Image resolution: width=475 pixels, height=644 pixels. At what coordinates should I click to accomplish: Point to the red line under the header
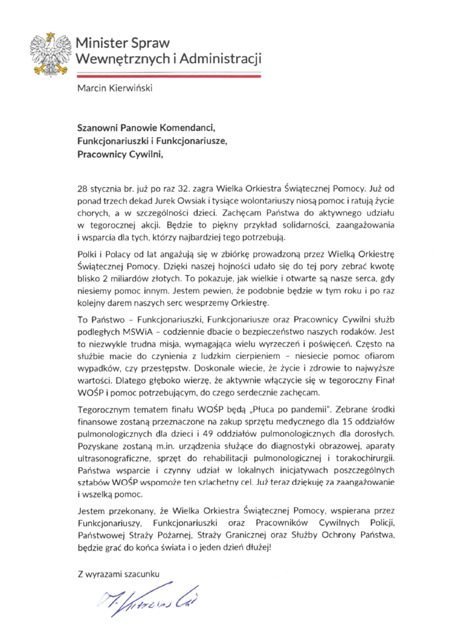168,76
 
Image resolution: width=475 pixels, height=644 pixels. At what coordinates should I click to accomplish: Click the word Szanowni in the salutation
98,127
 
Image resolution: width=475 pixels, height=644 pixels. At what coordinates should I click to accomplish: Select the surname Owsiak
195,201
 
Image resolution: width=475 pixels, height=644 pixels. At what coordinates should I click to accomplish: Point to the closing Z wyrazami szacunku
117,575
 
